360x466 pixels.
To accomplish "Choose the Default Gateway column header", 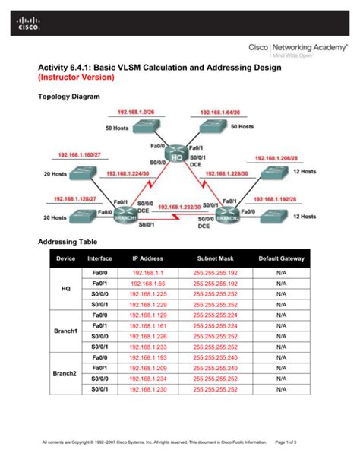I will [281, 258].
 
